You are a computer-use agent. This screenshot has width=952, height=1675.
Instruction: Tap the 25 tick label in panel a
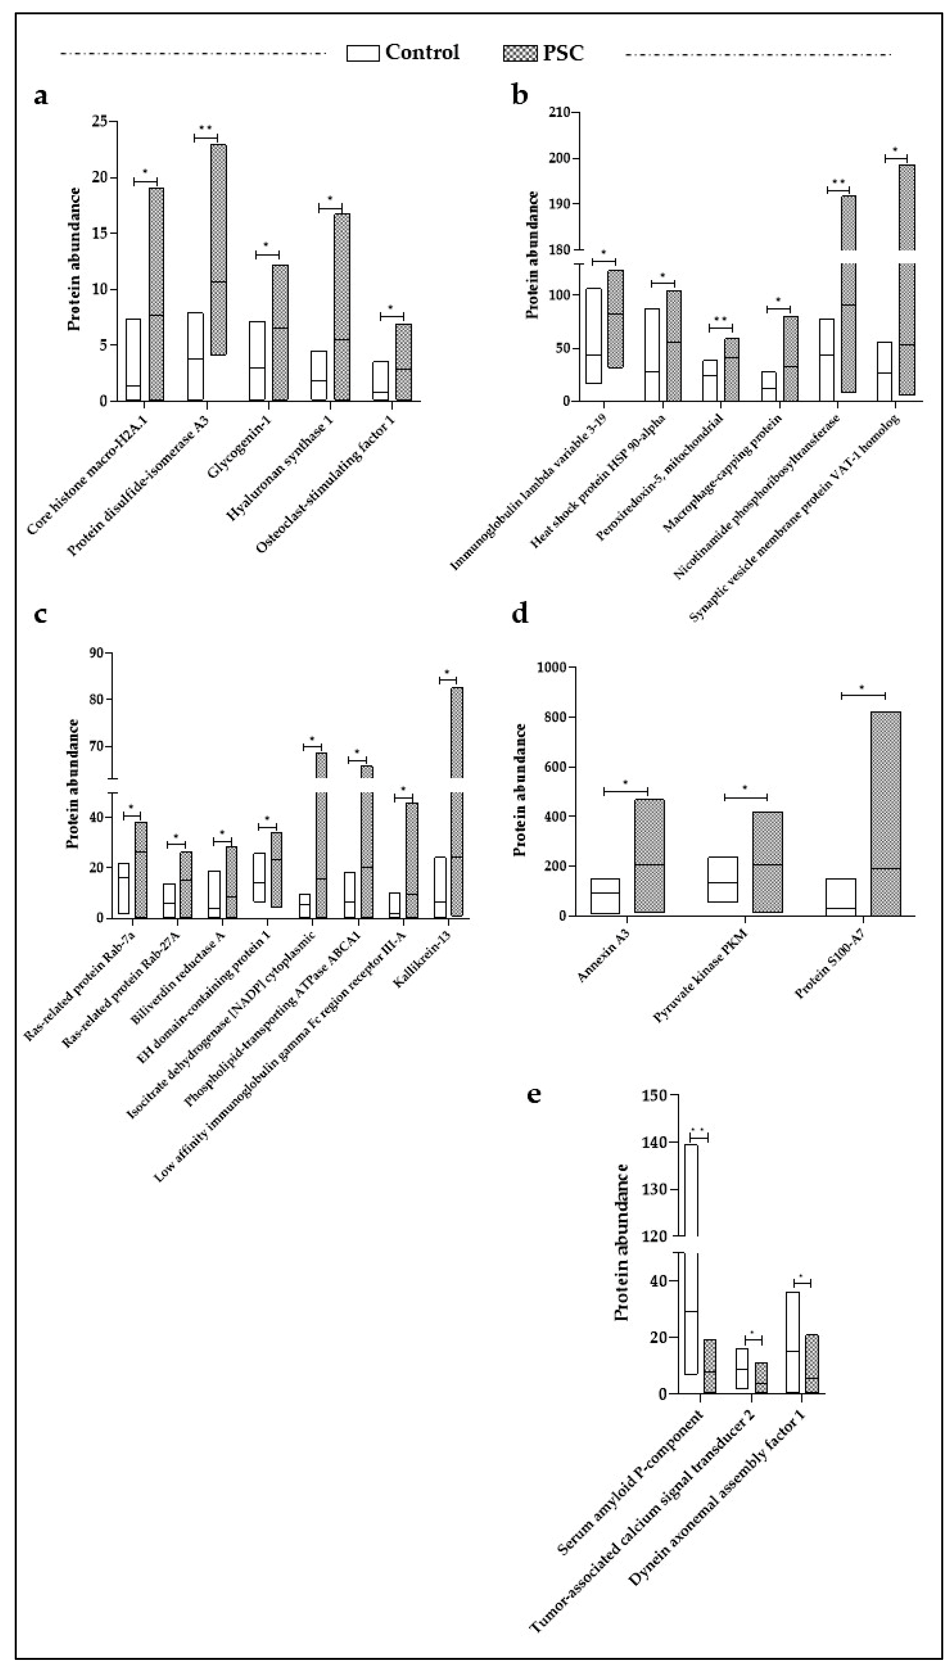(x=100, y=121)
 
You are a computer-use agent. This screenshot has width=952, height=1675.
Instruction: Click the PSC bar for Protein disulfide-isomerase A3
(x=218, y=250)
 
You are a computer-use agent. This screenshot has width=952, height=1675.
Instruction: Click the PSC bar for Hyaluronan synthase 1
(x=342, y=307)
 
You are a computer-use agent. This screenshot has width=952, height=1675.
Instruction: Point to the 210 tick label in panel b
(x=559, y=113)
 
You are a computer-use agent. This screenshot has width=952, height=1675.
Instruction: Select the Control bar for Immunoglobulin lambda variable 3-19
(x=594, y=335)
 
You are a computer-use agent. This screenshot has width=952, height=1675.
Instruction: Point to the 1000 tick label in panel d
(x=552, y=667)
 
